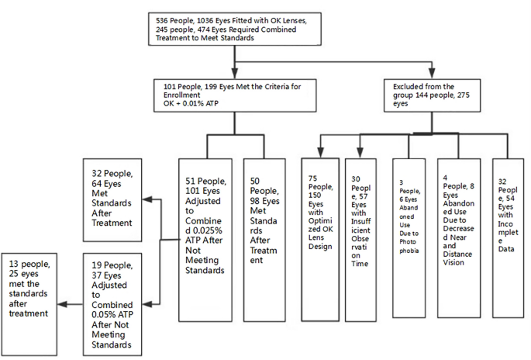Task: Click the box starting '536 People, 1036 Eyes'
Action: click(235, 29)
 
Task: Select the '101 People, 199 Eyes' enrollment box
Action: click(235, 95)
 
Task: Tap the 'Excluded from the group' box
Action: click(432, 95)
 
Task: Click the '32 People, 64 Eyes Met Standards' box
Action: click(112, 200)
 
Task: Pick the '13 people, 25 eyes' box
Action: click(29, 304)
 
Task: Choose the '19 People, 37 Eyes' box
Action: click(112, 304)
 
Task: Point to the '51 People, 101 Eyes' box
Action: click(205, 240)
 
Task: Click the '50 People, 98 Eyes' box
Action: click(264, 240)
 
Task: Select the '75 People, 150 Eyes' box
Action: click(320, 239)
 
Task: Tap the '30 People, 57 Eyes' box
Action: click(360, 240)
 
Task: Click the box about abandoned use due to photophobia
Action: click(409, 238)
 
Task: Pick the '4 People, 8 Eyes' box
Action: click(459, 238)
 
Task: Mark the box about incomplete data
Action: click(509, 238)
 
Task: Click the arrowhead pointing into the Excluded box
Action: click(432, 73)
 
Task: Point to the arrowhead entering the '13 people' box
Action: click(62, 304)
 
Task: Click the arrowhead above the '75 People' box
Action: click(321, 153)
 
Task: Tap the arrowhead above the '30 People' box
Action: click(360, 153)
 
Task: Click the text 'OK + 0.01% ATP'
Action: click(191, 103)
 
